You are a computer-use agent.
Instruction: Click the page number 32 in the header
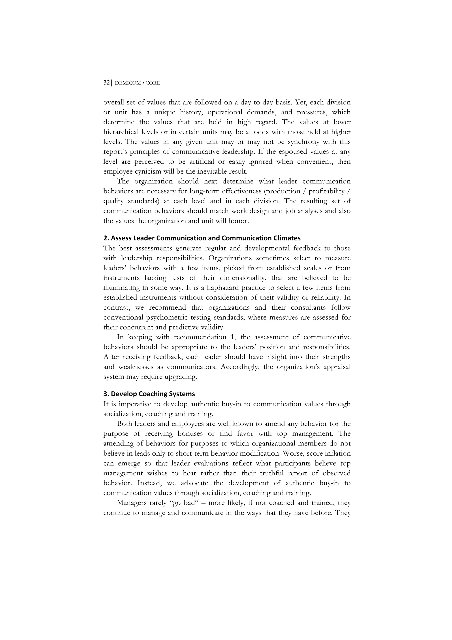coord(106,83)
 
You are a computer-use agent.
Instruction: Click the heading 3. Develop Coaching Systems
coord(149,394)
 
